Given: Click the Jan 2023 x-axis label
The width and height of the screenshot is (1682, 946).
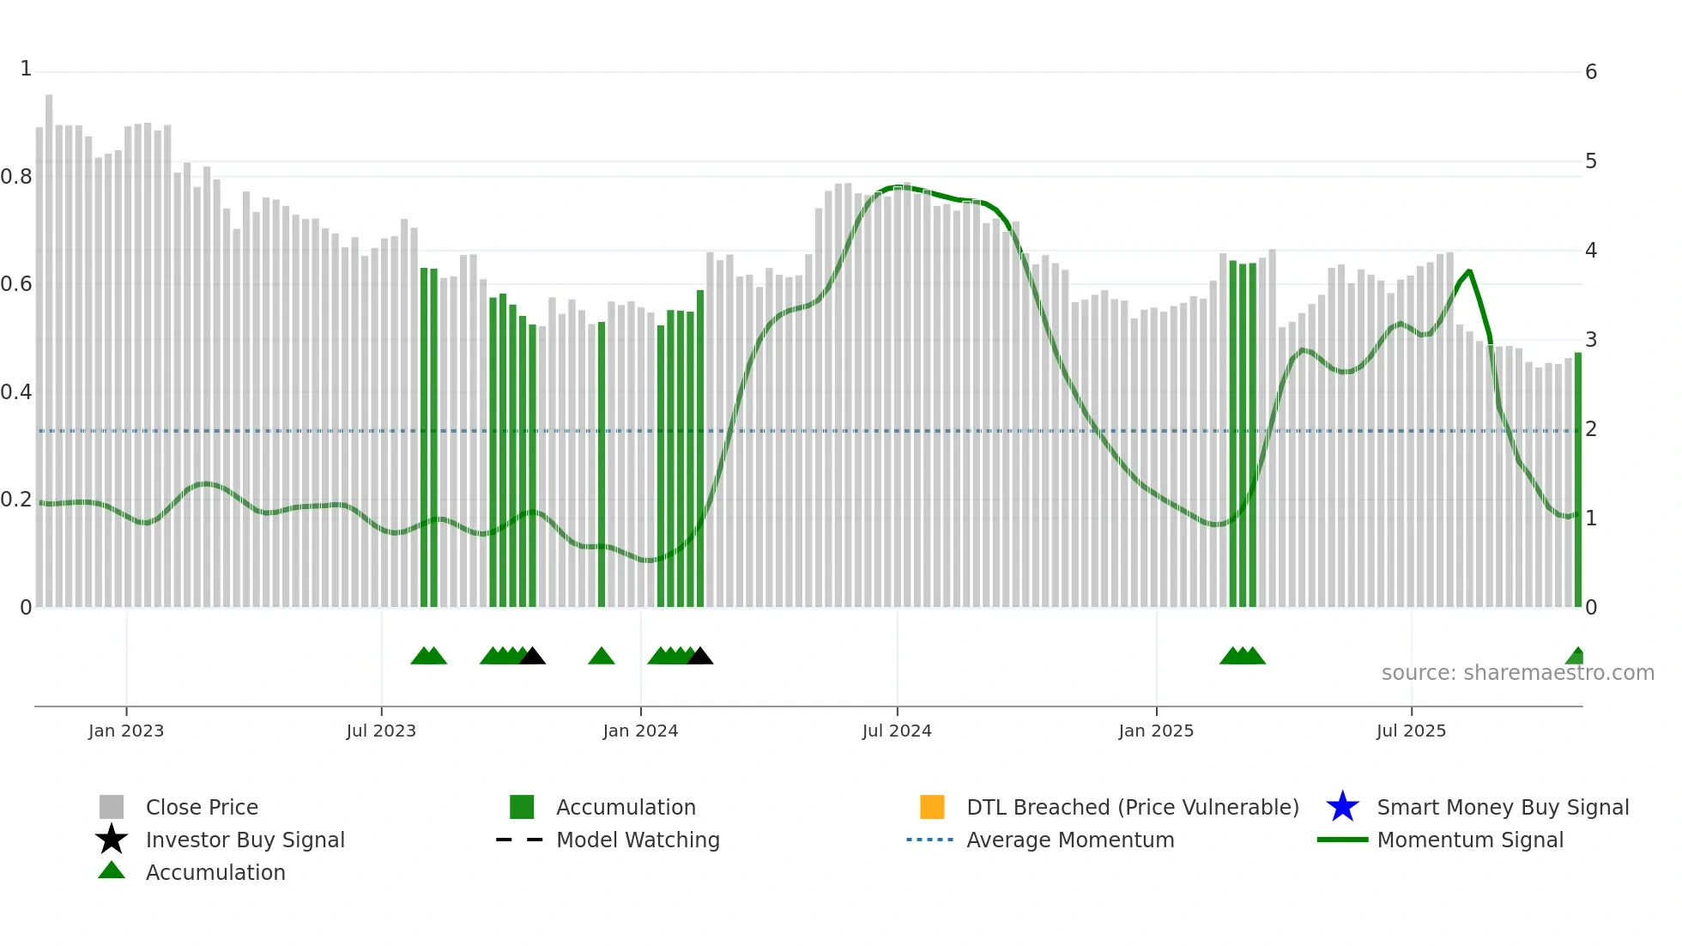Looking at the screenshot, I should point(126,731).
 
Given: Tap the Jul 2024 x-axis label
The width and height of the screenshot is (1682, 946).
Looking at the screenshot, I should point(897,731).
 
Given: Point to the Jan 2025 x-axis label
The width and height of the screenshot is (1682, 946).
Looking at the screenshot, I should point(1156,731).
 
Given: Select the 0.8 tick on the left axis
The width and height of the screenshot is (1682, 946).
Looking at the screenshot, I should point(16,177).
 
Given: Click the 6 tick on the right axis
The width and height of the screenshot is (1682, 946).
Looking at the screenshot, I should point(1591,72).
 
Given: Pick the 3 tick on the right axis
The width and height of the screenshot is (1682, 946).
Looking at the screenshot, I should point(1591,340).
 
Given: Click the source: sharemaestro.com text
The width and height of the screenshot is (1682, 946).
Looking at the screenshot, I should point(1517,673).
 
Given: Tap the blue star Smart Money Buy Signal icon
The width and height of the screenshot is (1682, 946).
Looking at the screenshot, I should point(1342,807).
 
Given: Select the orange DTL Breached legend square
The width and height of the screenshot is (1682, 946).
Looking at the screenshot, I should point(932,807).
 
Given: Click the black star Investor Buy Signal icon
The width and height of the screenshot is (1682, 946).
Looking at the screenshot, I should point(112,840).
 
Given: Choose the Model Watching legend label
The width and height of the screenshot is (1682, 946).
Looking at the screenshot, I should point(638,840).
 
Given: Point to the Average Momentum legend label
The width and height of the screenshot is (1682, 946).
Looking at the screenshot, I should point(1070,840).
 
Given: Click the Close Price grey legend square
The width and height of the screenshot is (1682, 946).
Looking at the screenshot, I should point(112,807).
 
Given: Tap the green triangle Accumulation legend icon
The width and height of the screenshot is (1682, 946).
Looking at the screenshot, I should point(112,870).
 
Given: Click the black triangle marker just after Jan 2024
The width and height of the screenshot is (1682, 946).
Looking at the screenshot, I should point(700,657).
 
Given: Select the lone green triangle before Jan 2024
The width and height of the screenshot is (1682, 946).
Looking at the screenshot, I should point(602,657).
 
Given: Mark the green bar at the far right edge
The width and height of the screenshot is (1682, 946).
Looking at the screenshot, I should point(1577,481).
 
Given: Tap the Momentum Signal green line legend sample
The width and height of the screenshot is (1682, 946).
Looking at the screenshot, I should point(1342,840).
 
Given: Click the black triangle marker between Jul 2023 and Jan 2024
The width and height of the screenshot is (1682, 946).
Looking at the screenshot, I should point(533,657).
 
